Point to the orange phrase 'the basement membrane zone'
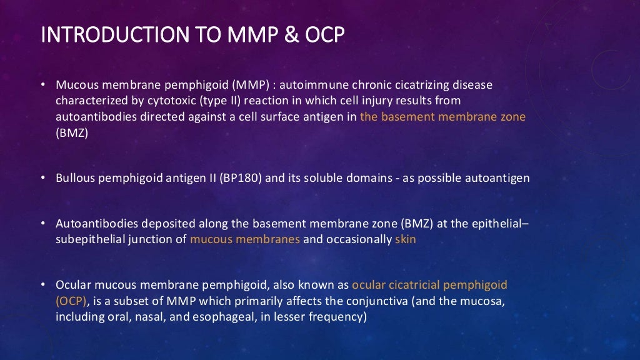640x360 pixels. click(442, 116)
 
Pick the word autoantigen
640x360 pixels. click(497, 178)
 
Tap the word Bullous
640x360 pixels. click(74, 178)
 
